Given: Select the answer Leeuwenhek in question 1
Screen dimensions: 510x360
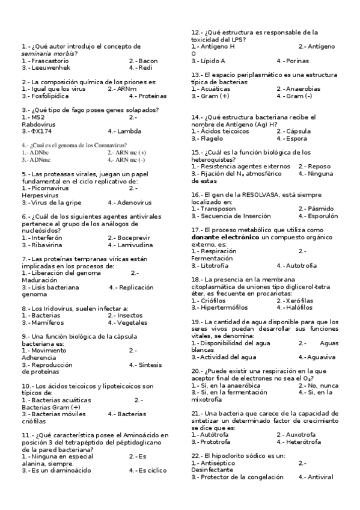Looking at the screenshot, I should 49,68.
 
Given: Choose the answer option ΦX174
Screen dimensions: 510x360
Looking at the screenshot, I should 38,131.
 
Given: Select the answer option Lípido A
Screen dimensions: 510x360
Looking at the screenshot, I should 212,61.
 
